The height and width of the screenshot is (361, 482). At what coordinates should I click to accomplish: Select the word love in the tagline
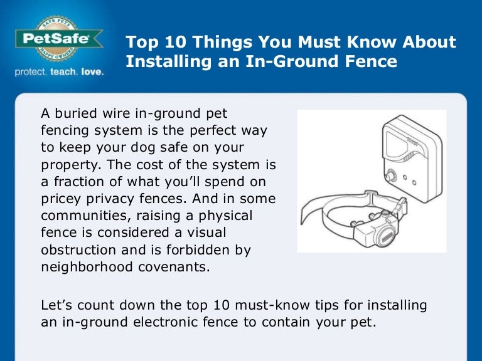[92, 72]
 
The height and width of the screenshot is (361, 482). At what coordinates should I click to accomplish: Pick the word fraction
[77, 182]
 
